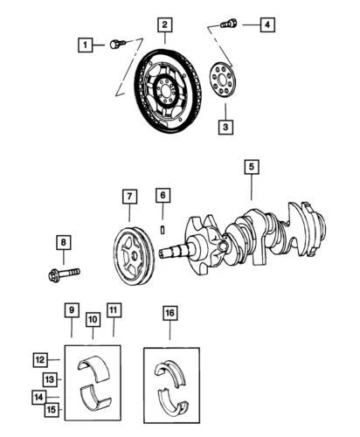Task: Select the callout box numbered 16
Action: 170,312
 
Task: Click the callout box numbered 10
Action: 92,320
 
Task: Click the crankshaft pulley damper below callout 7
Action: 128,253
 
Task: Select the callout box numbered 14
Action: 39,396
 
